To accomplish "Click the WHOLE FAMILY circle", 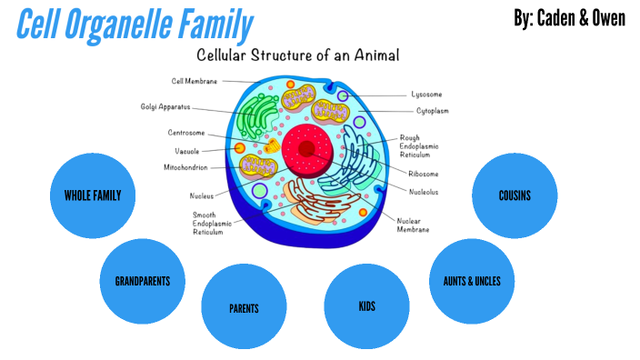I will tap(92, 195).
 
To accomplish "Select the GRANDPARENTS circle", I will tap(143, 281).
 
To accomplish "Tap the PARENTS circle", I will tap(244, 307).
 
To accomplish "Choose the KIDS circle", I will tap(366, 306).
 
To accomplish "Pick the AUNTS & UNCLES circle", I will tap(465, 281).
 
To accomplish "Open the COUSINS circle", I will tap(515, 195).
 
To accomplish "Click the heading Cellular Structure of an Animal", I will tap(298, 55).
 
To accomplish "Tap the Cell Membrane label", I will tap(193, 81).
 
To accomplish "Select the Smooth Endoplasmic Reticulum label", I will tap(208, 224).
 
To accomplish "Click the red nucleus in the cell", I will tap(307, 148).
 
